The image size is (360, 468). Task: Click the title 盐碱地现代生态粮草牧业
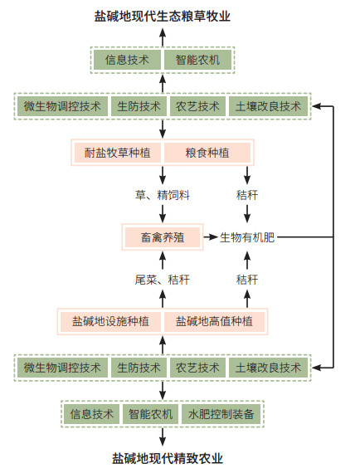coord(163,16)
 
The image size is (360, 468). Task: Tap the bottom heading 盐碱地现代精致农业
coord(168,458)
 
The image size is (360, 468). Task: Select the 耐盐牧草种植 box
coord(118,153)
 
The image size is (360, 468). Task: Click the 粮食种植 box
coord(207,153)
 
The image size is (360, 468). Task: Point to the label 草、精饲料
coord(163,195)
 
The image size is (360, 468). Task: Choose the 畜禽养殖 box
coord(163,237)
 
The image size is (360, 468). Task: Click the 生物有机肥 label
coord(247,237)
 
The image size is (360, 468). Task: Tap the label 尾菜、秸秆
coord(163,280)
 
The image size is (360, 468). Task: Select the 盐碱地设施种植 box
coord(110,321)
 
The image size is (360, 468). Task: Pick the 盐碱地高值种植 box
coord(214,321)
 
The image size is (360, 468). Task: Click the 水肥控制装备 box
coord(221,414)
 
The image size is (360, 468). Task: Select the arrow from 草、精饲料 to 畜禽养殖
coord(163,214)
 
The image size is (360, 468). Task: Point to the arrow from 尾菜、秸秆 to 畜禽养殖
coord(163,261)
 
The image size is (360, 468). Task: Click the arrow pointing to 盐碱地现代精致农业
coord(163,437)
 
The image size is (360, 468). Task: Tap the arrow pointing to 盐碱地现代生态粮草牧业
coord(163,37)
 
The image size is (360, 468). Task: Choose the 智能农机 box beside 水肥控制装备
coord(151,414)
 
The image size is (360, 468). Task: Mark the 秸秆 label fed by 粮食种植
coord(247,195)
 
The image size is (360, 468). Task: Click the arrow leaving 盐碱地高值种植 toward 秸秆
coord(247,299)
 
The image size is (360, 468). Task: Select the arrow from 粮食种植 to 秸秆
coord(247,175)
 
